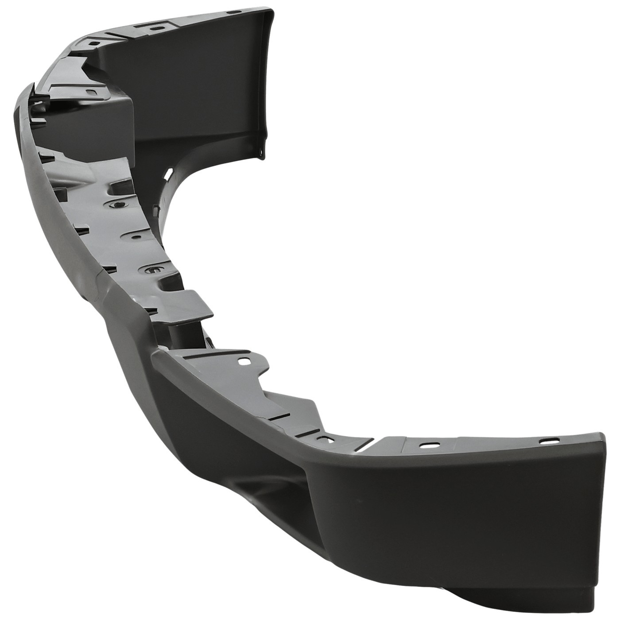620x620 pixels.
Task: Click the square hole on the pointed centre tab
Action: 243,361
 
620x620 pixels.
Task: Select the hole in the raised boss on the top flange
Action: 155,28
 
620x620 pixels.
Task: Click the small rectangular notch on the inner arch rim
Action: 155,208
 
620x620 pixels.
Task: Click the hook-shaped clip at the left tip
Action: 33,95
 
